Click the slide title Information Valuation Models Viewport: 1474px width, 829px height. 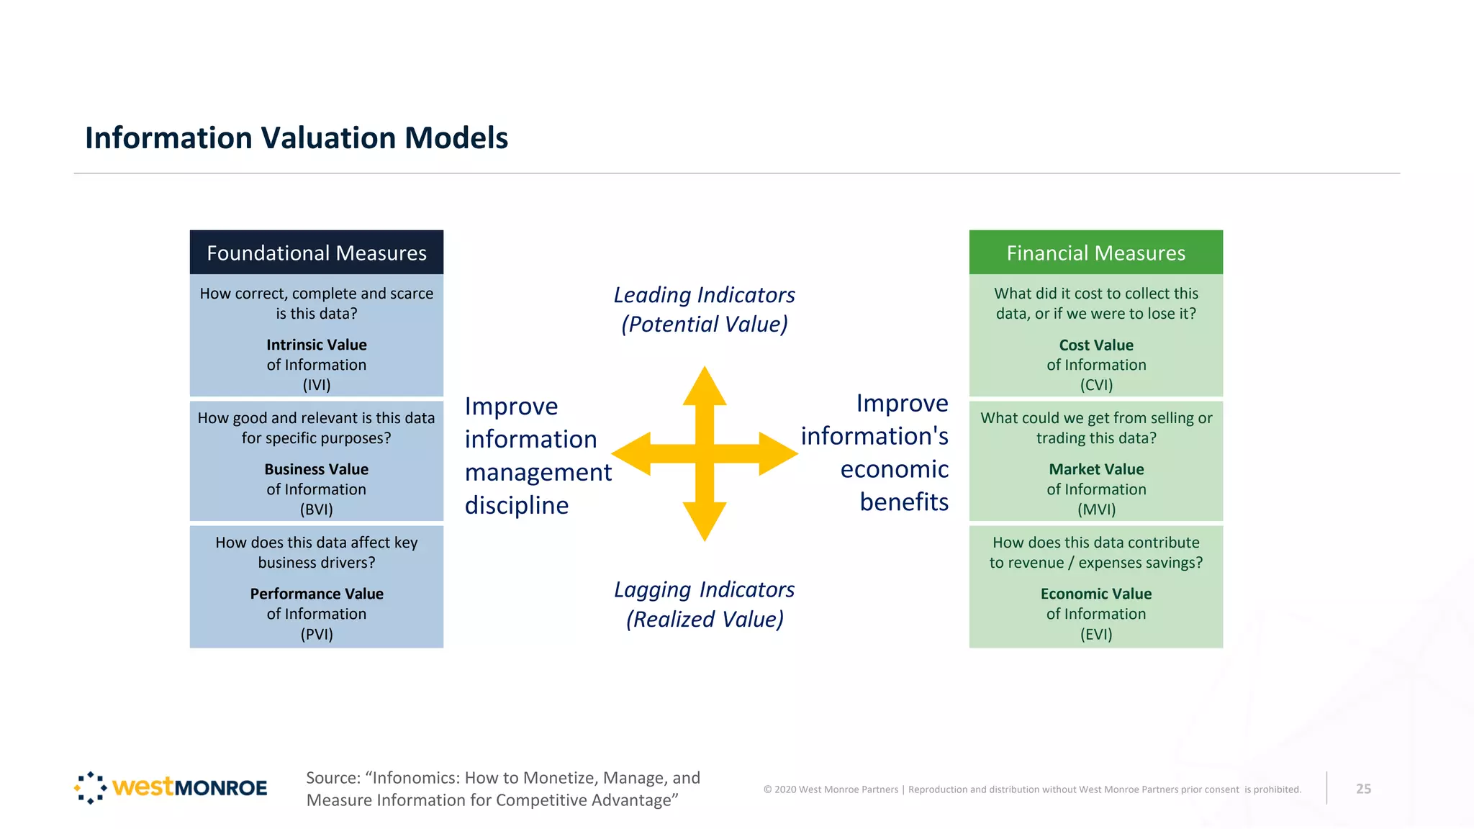297,137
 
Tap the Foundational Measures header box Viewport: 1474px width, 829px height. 317,253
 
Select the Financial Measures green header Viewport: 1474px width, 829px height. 1095,253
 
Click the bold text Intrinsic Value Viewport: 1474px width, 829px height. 317,345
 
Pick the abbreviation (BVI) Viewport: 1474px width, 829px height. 317,509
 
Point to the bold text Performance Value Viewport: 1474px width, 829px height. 317,594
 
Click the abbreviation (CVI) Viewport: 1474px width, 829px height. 1095,385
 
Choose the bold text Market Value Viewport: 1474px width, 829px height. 1095,469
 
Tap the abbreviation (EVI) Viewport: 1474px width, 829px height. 1095,634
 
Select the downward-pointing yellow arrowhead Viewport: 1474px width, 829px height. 705,522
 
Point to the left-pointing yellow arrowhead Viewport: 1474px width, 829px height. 631,454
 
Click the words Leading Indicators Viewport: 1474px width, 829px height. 704,295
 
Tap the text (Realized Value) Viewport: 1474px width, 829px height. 705,619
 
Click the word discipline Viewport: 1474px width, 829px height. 517,505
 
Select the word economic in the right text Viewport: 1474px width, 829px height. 894,469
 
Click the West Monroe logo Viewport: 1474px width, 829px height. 171,787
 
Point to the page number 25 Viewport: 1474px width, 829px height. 1363,789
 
